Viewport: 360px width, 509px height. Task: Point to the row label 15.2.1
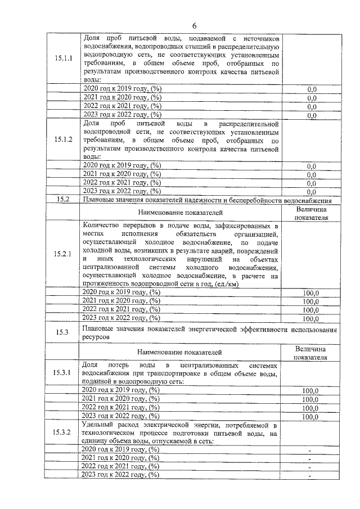pyautogui.click(x=63, y=254)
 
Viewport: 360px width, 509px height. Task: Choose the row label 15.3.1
pyautogui.click(x=63, y=373)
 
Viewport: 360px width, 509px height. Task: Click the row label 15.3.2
pyautogui.click(x=63, y=433)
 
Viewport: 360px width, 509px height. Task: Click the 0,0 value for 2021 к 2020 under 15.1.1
pyautogui.click(x=312, y=98)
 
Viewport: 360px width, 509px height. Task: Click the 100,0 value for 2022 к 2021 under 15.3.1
pyautogui.click(x=310, y=408)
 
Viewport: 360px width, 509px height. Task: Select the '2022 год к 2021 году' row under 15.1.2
pyautogui.click(x=121, y=183)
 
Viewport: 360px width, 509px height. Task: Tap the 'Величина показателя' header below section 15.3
pyautogui.click(x=311, y=354)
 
